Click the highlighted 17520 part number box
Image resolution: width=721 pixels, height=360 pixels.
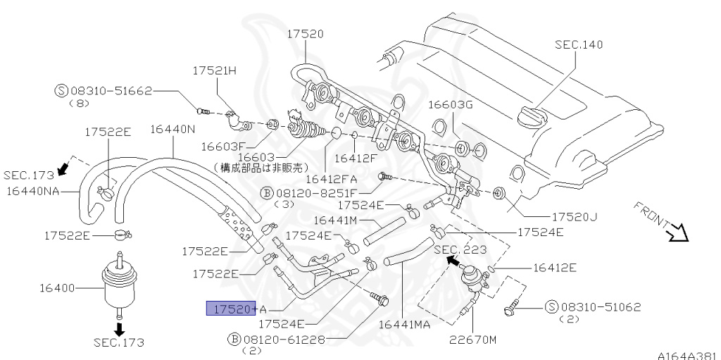[229, 309]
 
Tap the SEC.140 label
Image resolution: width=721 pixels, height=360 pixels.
[579, 44]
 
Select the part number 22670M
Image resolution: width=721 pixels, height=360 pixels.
[473, 340]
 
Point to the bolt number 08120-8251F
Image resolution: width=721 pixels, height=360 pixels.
[315, 192]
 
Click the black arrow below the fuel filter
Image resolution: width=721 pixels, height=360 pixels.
[118, 328]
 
